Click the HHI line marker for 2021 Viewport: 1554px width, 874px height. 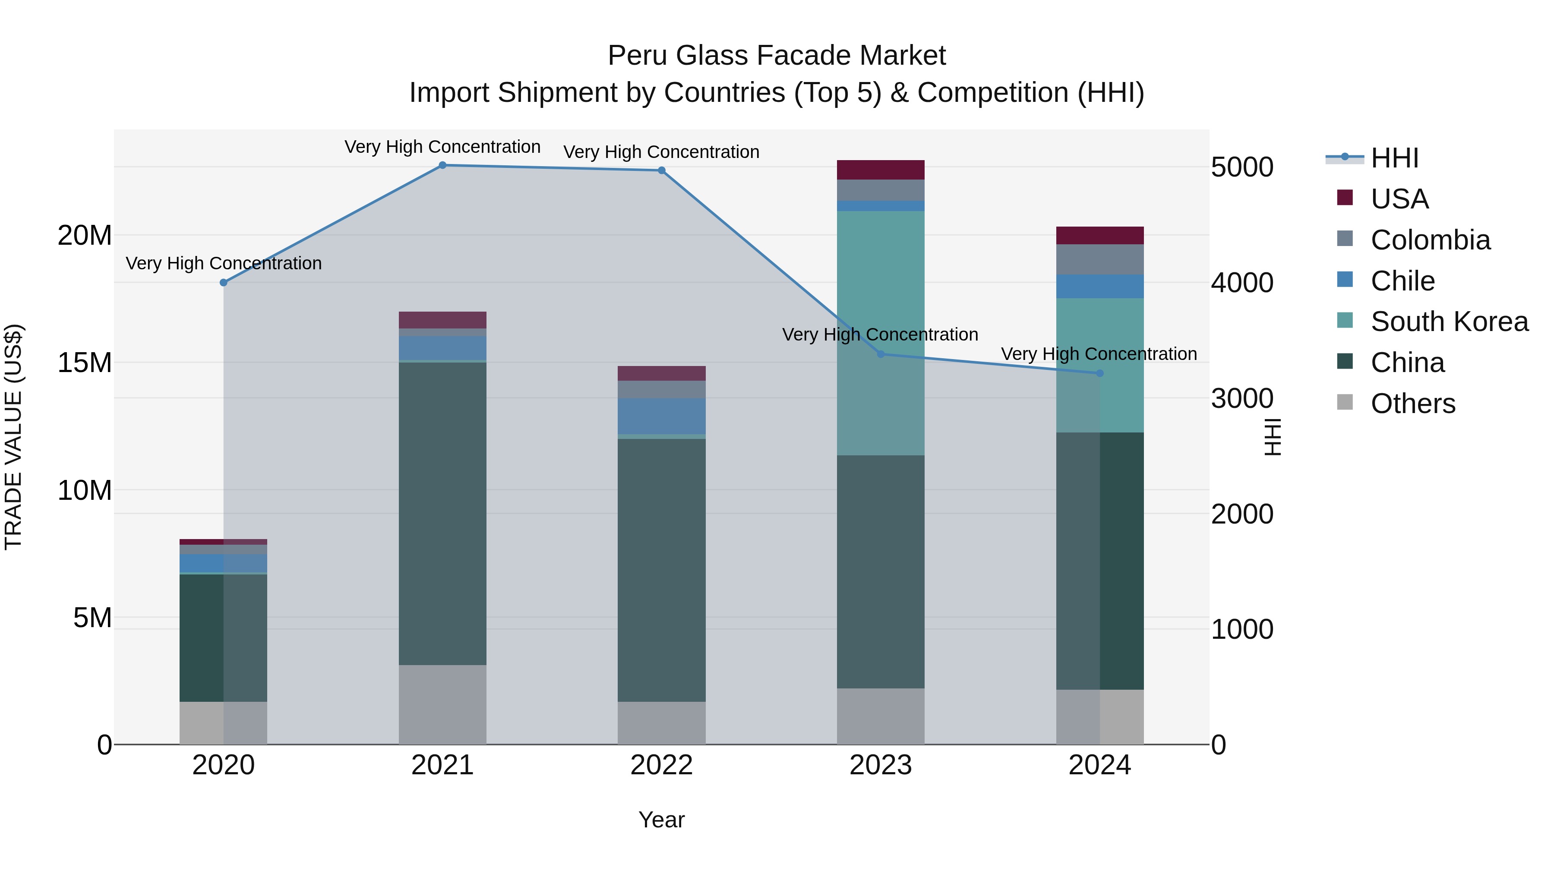pyautogui.click(x=442, y=165)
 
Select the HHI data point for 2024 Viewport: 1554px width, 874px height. pyautogui.click(x=1099, y=373)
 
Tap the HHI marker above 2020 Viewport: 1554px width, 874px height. pyautogui.click(x=223, y=282)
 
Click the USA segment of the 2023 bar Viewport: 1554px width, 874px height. pyautogui.click(x=880, y=170)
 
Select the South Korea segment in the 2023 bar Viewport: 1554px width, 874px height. pyautogui.click(x=880, y=332)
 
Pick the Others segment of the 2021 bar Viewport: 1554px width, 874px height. pyautogui.click(x=442, y=704)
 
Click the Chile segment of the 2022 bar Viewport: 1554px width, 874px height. pyautogui.click(x=661, y=416)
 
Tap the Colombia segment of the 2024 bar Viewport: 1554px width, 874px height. pyautogui.click(x=1099, y=259)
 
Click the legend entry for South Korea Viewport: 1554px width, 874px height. pyautogui.click(x=1449, y=322)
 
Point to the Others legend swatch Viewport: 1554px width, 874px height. pyautogui.click(x=1345, y=402)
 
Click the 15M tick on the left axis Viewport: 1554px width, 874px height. pyautogui.click(x=85, y=363)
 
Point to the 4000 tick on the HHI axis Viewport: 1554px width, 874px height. pyautogui.click(x=1242, y=283)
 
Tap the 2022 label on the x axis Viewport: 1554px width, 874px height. pyautogui.click(x=661, y=765)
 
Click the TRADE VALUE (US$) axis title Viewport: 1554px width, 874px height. pyautogui.click(x=13, y=437)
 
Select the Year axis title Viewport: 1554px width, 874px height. pyautogui.click(x=661, y=820)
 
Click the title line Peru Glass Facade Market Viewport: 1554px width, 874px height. pyautogui.click(x=777, y=56)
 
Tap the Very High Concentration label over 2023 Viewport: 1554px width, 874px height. pyautogui.click(x=880, y=334)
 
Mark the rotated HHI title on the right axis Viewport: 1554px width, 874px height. pyautogui.click(x=1272, y=437)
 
